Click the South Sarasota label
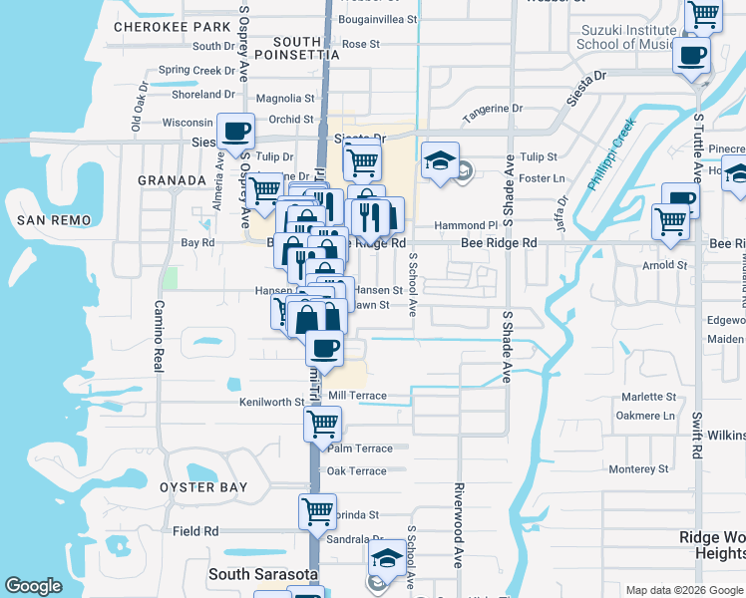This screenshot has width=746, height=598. tap(262, 574)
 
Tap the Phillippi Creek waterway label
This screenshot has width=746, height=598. tap(610, 155)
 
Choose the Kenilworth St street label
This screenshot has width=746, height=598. tap(271, 402)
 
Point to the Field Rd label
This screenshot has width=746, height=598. tap(195, 532)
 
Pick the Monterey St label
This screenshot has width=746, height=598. tap(638, 469)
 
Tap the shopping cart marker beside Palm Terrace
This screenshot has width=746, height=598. tap(322, 424)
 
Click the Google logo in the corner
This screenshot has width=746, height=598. tap(33, 587)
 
